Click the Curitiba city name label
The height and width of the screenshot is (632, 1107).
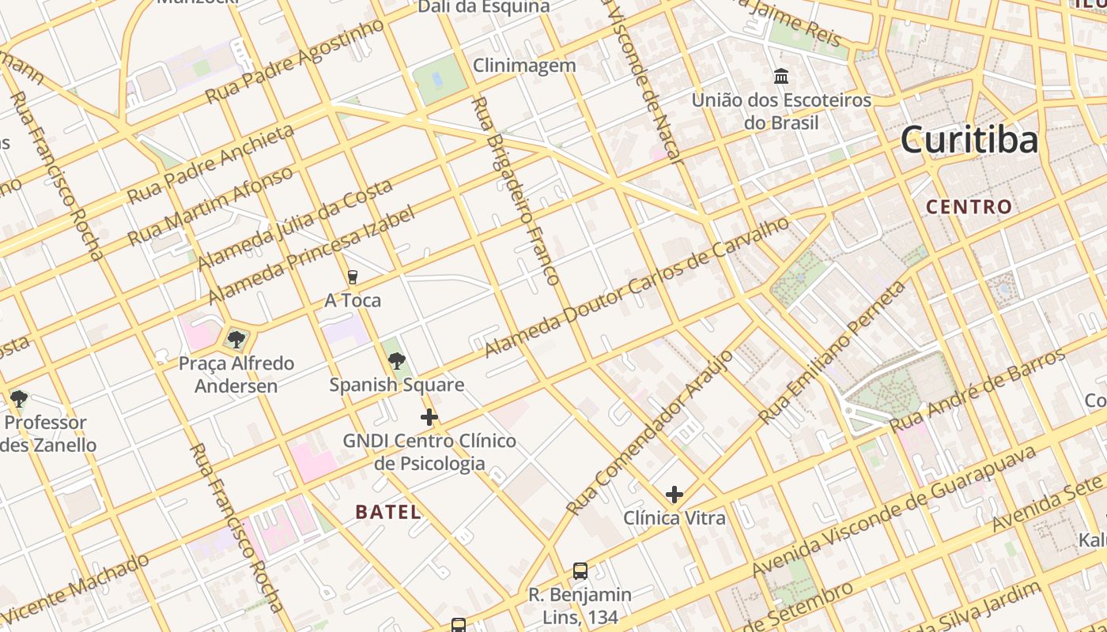click(969, 141)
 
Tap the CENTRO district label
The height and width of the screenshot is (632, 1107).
click(969, 207)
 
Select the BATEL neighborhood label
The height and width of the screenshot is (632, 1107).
click(387, 512)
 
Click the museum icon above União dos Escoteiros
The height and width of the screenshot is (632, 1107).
click(781, 77)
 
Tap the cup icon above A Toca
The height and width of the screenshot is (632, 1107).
click(353, 276)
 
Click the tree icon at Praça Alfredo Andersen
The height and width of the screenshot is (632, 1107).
click(236, 340)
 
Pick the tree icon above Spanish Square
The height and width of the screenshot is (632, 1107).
click(397, 361)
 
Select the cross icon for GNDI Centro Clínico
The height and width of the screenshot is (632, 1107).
click(429, 416)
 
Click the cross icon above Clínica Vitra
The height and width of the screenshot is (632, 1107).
click(674, 495)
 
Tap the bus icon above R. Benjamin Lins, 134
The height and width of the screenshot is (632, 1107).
click(580, 570)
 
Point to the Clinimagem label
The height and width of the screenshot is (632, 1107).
click(524, 66)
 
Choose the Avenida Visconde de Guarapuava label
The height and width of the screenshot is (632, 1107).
click(894, 511)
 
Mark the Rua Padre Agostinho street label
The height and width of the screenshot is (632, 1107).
click(295, 62)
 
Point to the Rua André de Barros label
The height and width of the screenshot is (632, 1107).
click(978, 391)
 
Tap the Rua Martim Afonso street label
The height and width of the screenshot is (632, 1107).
click(210, 205)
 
